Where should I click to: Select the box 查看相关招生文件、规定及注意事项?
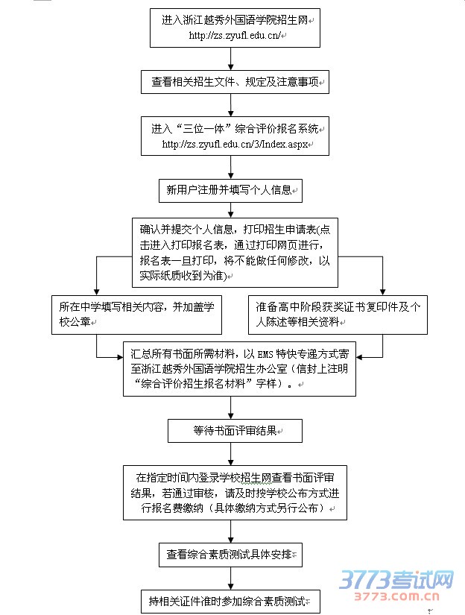coord(235,81)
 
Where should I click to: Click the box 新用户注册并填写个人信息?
coord(230,190)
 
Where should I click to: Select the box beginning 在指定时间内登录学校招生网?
coord(235,492)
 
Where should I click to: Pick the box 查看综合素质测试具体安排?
coord(231,555)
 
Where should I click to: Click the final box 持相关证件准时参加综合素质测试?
coord(231,601)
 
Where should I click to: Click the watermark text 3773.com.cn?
coord(397,597)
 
